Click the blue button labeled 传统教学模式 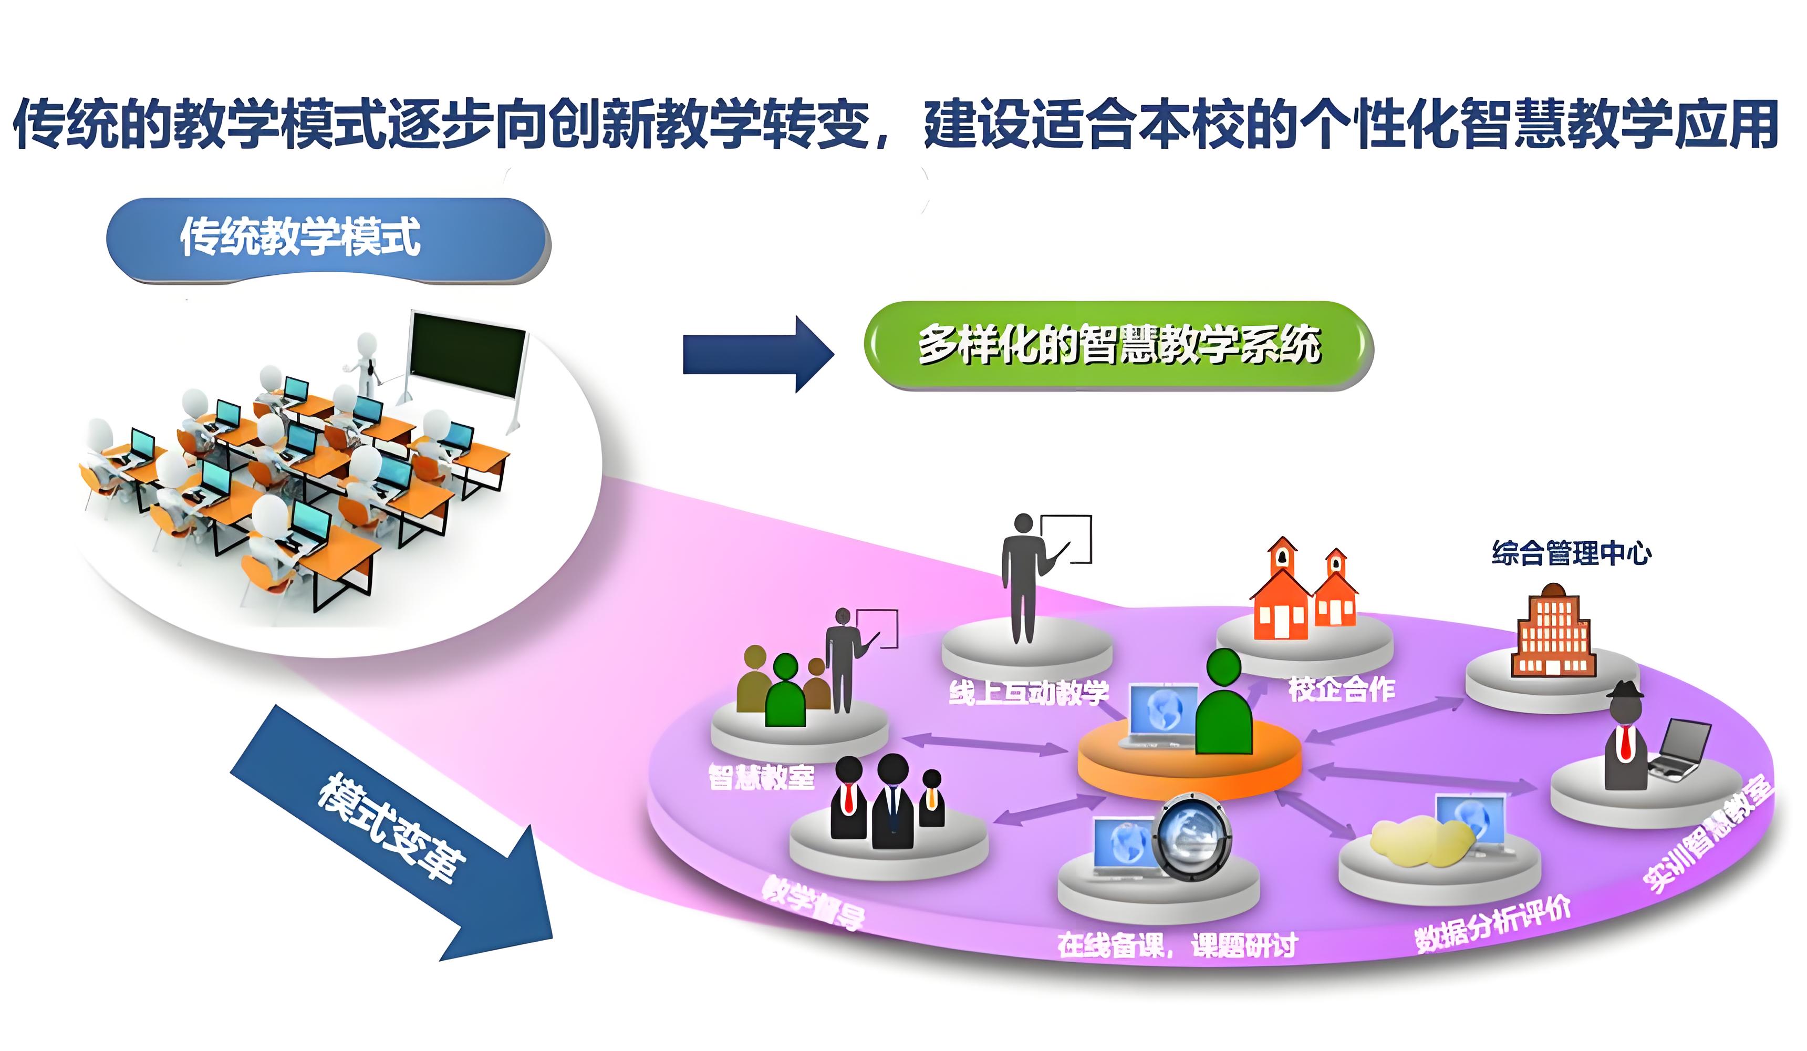click(x=328, y=240)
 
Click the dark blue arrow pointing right click(x=756, y=354)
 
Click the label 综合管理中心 click(x=1571, y=553)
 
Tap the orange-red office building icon click(x=1552, y=631)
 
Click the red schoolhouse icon click(x=1302, y=591)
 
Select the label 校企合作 click(x=1341, y=689)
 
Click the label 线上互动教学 click(x=1029, y=692)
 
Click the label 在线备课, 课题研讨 click(x=1177, y=945)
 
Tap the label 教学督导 click(x=813, y=902)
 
